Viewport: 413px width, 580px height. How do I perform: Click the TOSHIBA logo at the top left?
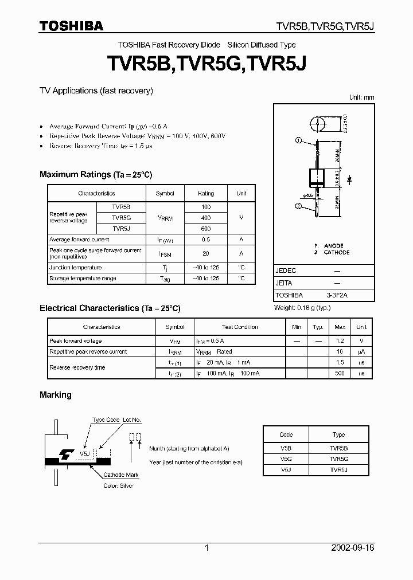click(71, 26)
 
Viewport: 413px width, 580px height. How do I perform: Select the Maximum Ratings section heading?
click(96, 174)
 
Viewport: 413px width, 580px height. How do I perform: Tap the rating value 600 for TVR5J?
click(206, 229)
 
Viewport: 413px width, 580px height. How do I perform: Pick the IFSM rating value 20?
click(206, 253)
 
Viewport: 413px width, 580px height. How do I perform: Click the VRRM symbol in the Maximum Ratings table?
click(165, 218)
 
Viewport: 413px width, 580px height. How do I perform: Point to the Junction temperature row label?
click(76, 268)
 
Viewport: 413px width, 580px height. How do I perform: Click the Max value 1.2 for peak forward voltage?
click(340, 341)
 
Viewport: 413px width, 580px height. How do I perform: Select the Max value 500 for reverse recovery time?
click(340, 373)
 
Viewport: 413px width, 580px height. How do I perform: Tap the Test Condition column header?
click(240, 327)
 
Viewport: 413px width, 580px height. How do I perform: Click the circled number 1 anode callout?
click(298, 140)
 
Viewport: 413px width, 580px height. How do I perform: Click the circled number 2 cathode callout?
click(298, 207)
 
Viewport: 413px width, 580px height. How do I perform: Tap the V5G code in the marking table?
click(286, 459)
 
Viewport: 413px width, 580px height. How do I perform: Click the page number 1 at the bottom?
click(206, 548)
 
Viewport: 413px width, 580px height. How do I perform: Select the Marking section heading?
click(56, 395)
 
